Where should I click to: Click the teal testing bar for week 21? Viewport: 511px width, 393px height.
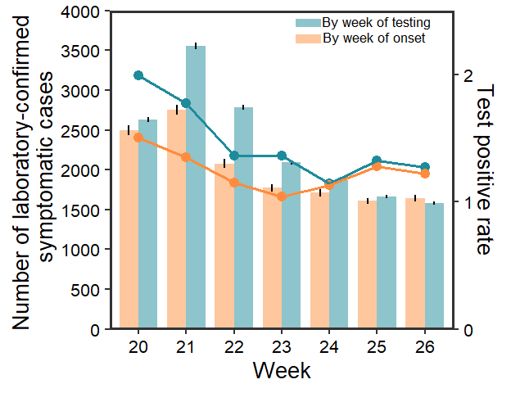pos(196,188)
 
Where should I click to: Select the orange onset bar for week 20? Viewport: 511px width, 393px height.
pos(129,229)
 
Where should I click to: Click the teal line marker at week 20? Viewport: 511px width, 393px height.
pos(138,75)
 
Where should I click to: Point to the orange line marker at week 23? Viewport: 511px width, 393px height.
pos(282,196)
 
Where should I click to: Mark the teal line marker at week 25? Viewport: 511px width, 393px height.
pos(377,160)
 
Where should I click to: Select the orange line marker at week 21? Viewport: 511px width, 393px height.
pos(186,157)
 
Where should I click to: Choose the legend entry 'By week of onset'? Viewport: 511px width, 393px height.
pos(373,38)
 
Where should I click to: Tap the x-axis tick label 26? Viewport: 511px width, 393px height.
pos(424,346)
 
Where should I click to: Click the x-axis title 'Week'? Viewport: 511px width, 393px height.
pos(282,371)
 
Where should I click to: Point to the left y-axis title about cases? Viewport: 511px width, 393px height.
pos(38,171)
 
